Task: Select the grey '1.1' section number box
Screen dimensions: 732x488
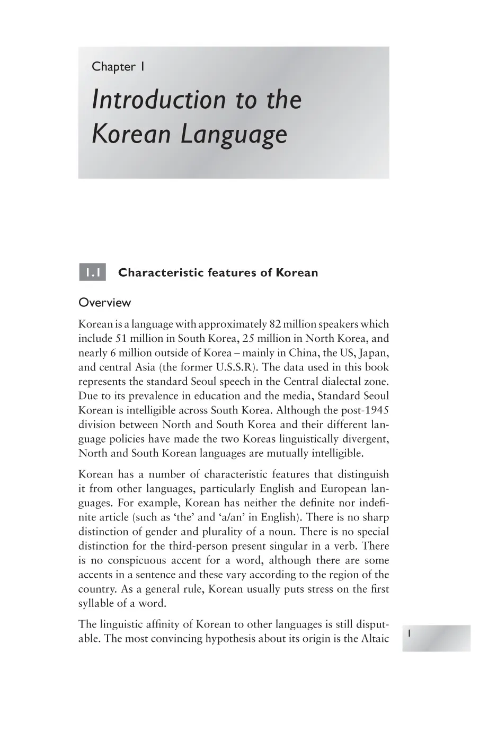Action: coord(92,273)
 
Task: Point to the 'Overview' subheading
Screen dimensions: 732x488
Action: coord(104,303)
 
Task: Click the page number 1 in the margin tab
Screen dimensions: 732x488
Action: coord(410,633)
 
